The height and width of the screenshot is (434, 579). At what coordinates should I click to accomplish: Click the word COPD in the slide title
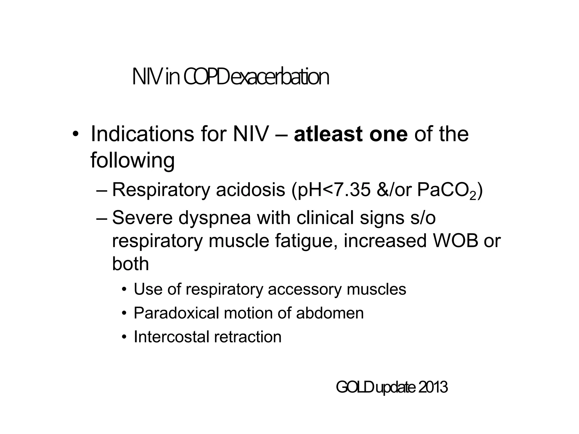pos(206,77)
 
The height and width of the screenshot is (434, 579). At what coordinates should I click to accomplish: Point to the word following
pos(132,160)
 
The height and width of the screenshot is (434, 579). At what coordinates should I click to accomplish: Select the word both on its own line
pos(130,264)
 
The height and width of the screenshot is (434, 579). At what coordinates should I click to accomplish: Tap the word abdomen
pos(330,313)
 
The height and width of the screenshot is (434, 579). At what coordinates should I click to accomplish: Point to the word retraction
pos(248,337)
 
